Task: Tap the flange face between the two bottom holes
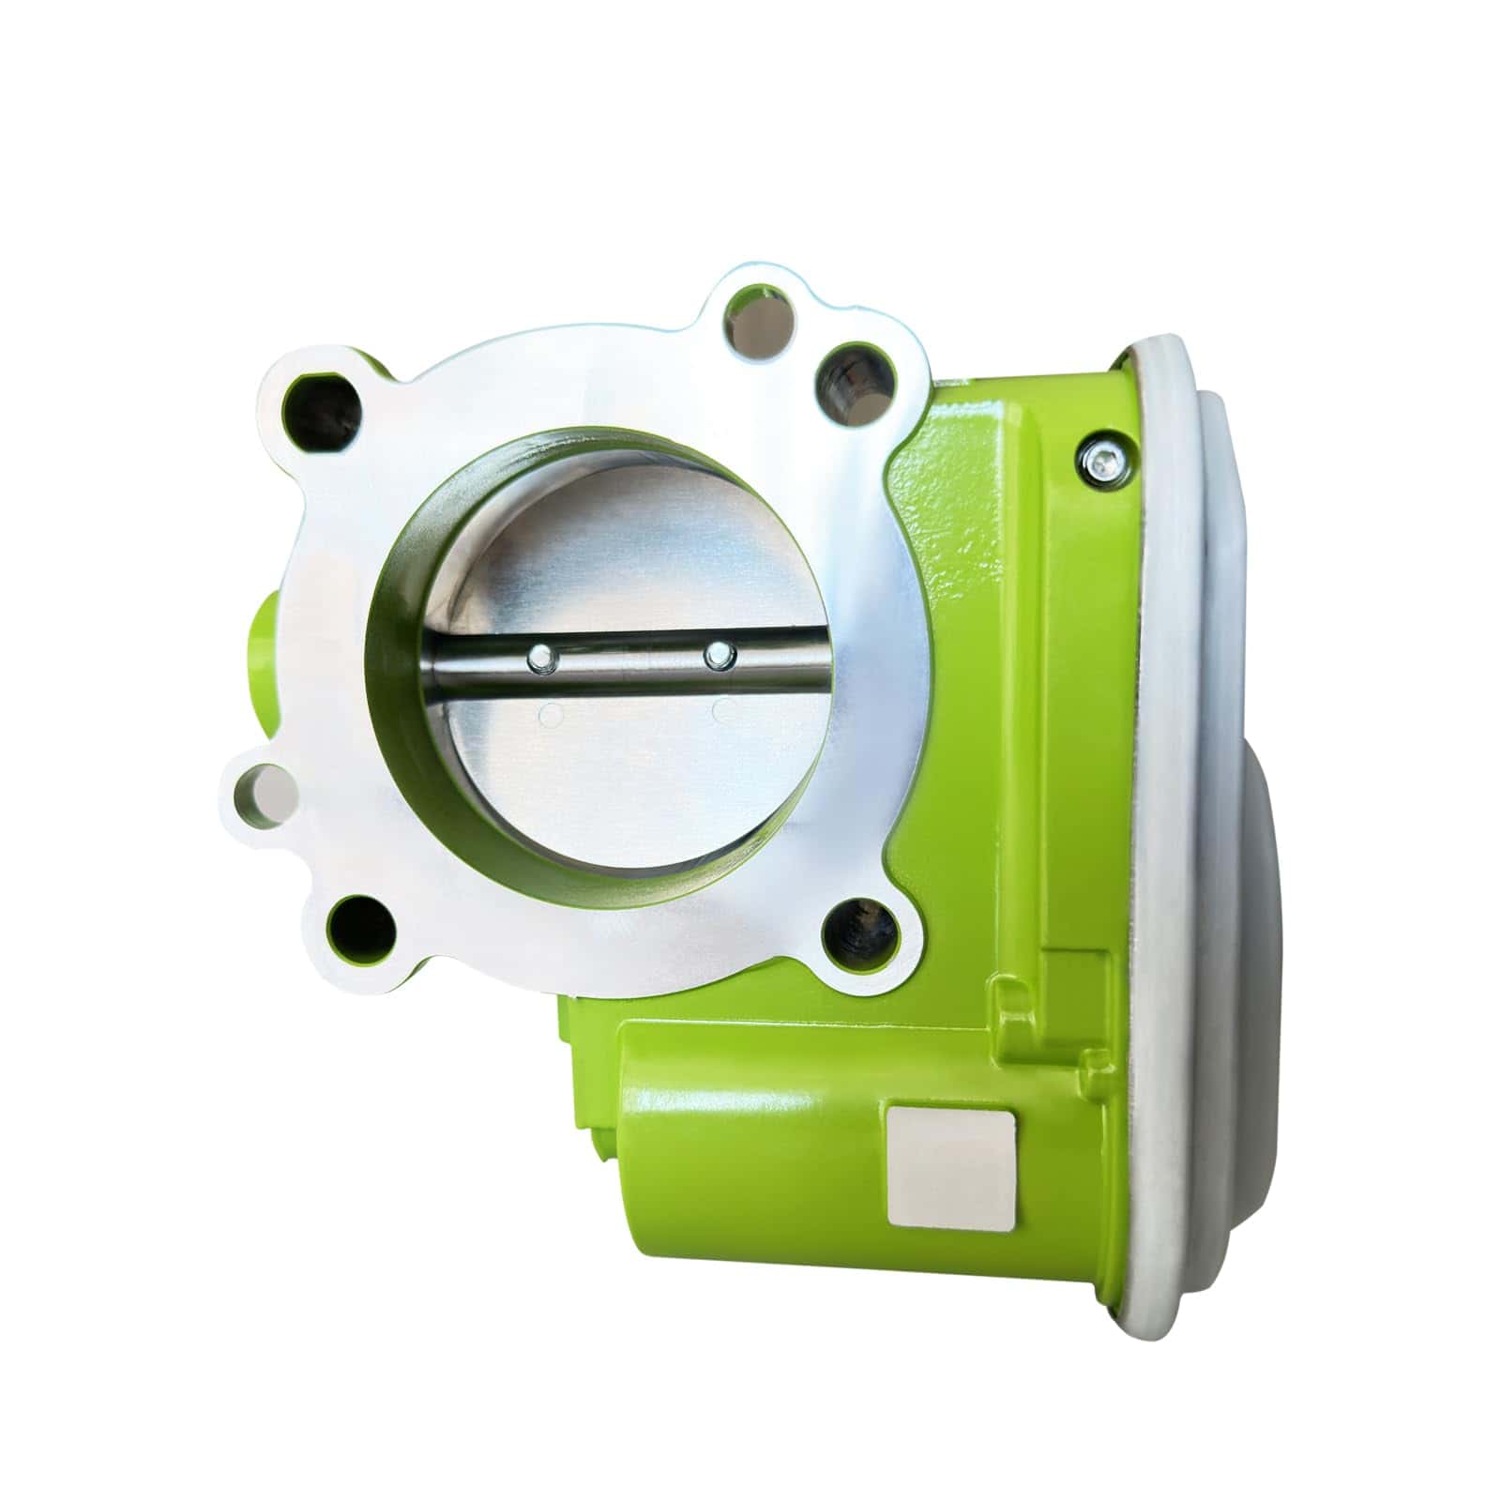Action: [x=600, y=948]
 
